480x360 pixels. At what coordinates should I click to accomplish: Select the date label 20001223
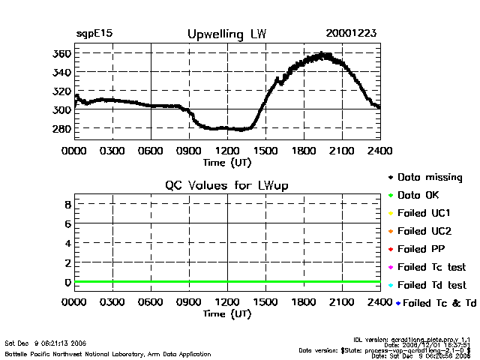[x=352, y=34]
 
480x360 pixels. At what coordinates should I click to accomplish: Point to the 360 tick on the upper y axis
[x=61, y=54]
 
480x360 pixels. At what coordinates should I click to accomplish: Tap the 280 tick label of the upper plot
[x=61, y=129]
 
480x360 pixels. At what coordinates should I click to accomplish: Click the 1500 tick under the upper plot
[x=265, y=151]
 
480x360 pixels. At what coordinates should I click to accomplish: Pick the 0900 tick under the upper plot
[x=189, y=151]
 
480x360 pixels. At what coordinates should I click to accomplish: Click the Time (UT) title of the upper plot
[x=226, y=161]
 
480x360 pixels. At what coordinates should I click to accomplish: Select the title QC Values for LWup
[x=227, y=185]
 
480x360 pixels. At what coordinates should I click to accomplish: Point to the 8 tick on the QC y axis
[x=67, y=204]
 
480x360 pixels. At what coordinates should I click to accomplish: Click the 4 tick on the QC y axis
[x=67, y=243]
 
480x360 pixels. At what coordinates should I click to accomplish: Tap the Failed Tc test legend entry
[x=430, y=267]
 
